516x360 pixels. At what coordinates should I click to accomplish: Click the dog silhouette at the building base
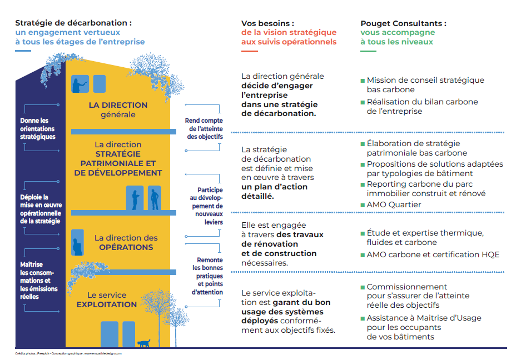tap(144, 343)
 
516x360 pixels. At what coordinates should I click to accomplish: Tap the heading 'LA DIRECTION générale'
tap(118, 110)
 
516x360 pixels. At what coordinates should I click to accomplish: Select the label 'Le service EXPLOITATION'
tap(107, 300)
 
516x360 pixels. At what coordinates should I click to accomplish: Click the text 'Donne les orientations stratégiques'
tap(37, 128)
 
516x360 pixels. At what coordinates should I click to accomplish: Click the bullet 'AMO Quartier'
tap(394, 204)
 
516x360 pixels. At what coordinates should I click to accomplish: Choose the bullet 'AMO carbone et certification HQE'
tap(433, 254)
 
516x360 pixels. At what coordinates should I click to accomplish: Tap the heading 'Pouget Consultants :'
tap(403, 23)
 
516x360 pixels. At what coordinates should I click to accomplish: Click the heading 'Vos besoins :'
tap(267, 23)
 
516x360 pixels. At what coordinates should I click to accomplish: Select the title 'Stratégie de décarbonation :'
tap(73, 23)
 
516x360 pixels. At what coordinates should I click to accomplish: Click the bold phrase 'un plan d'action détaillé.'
tap(274, 192)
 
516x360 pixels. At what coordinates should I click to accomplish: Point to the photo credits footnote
tap(68, 353)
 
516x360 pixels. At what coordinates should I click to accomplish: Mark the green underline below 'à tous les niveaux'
tap(368, 52)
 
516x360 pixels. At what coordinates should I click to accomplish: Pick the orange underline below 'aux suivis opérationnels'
tap(249, 52)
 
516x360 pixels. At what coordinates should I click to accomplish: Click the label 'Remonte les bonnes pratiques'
tap(210, 268)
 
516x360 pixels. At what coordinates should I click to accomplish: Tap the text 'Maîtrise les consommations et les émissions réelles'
tap(38, 281)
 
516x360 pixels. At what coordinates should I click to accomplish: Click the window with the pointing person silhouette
tap(80, 84)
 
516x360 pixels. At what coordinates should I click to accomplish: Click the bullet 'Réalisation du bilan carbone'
tap(422, 106)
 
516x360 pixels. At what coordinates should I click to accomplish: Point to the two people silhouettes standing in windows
tap(144, 199)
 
